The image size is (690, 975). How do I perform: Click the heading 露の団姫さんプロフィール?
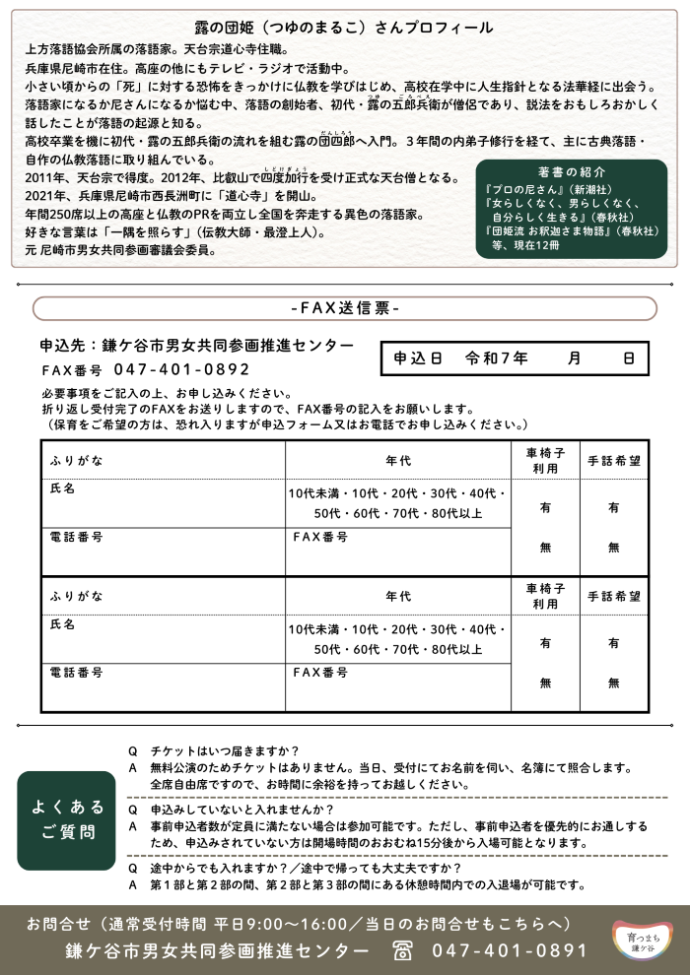click(344, 29)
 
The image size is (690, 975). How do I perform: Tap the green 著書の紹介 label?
click(572, 170)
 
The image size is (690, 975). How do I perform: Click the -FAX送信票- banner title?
click(345, 308)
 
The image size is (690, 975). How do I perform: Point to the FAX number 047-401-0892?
click(181, 370)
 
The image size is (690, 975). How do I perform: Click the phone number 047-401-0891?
click(510, 950)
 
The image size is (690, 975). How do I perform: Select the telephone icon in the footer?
click(402, 950)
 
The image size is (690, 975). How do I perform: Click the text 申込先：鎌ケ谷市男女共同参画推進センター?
click(196, 346)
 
